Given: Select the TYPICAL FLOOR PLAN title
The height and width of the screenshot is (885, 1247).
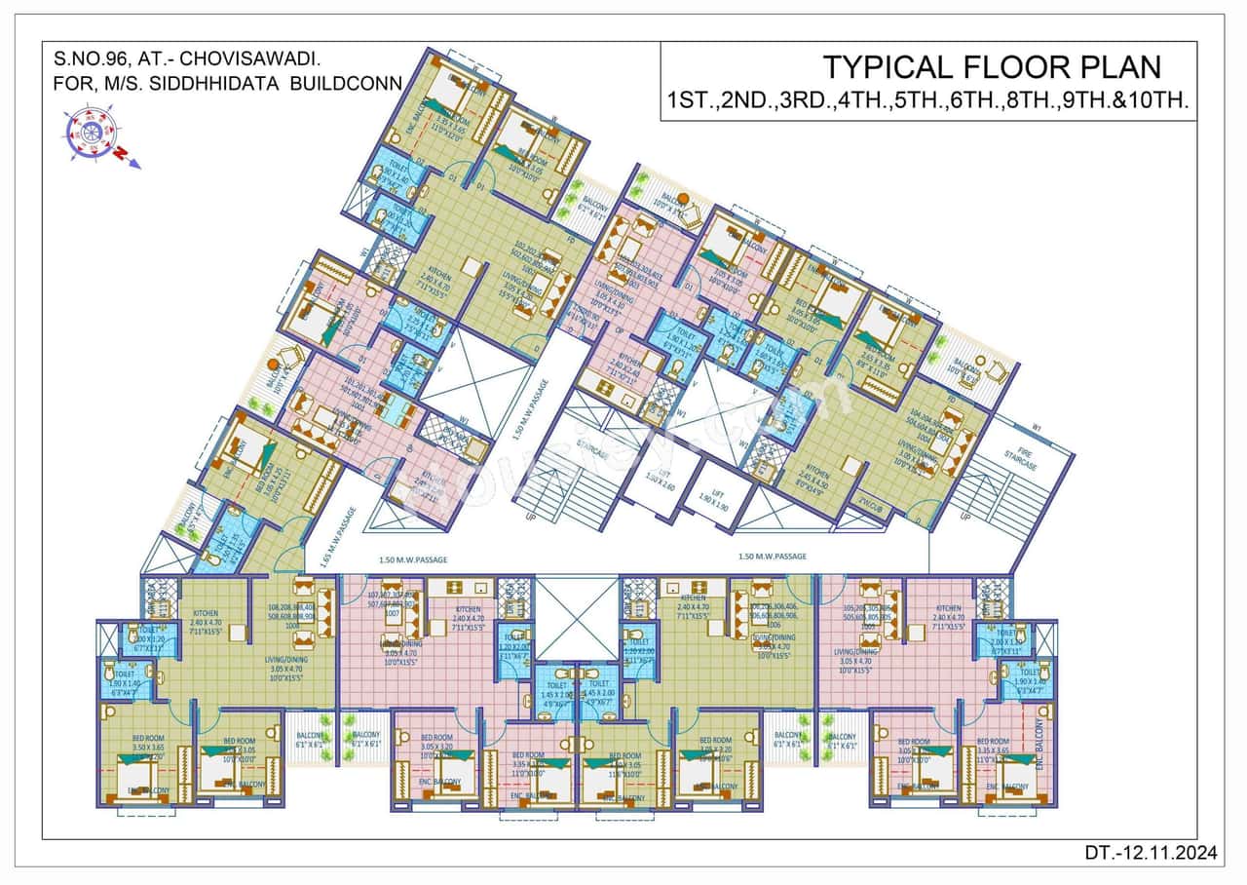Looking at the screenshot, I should pyautogui.click(x=992, y=67).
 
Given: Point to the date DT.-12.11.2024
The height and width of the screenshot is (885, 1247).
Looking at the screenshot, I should pyautogui.click(x=1151, y=854).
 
